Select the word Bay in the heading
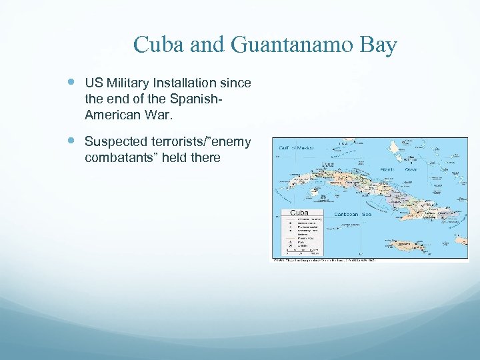pos(377,45)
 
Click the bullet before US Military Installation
pos(71,83)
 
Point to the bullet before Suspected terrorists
pos(71,141)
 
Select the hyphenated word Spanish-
pos(197,99)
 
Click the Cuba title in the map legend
pos(299,212)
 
